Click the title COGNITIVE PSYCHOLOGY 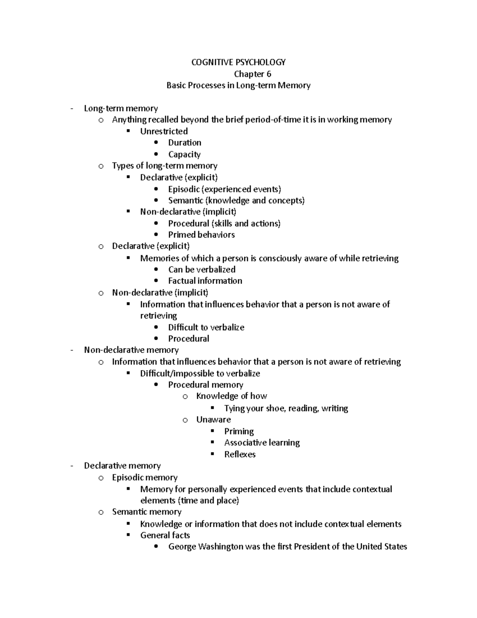(x=238, y=62)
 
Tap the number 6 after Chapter (x=269, y=74)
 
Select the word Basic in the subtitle (x=175, y=85)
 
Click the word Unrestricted (x=164, y=131)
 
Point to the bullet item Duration (x=184, y=142)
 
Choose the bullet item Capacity (x=184, y=154)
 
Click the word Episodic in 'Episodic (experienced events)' (x=184, y=189)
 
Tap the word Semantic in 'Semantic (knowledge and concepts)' (x=185, y=201)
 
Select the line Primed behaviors (x=201, y=235)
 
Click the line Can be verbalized (x=202, y=269)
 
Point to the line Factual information (x=205, y=281)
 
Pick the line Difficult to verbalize (x=206, y=328)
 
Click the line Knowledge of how (x=231, y=396)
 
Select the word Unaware (x=213, y=420)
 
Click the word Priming (x=238, y=431)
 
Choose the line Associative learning (x=262, y=443)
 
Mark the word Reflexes (x=240, y=454)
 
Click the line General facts (x=165, y=535)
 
